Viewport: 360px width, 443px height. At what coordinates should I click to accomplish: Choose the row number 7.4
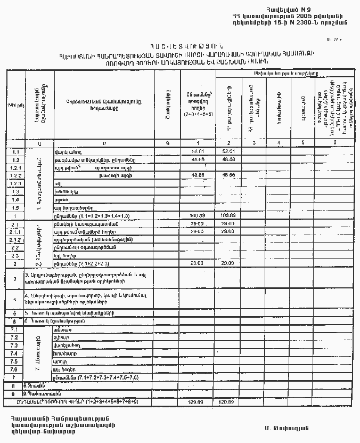(x=15, y=353)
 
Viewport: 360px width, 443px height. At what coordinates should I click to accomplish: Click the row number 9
(x=14, y=393)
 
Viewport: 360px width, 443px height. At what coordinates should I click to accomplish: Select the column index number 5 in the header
(x=302, y=143)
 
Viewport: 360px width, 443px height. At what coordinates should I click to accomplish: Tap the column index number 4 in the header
(x=278, y=143)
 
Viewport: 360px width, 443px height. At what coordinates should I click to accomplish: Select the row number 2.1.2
(x=15, y=240)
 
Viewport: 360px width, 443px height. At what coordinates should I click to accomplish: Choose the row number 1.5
(x=15, y=208)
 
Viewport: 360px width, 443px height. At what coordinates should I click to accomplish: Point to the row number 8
(x=14, y=385)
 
